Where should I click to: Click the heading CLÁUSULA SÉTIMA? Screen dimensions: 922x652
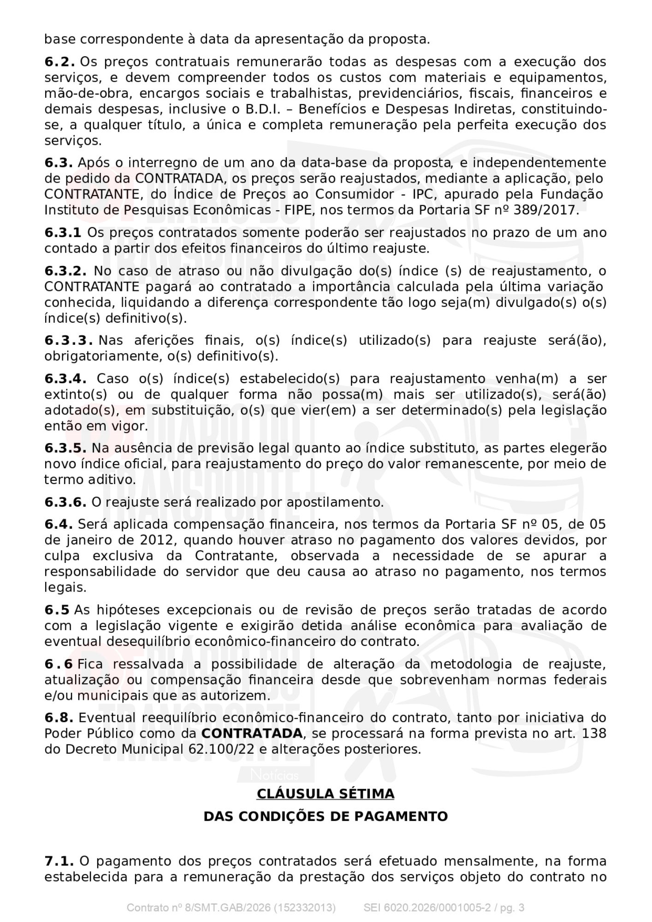click(x=326, y=794)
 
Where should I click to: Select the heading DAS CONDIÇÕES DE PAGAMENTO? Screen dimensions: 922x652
click(x=326, y=816)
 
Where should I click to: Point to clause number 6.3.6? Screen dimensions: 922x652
click(x=65, y=502)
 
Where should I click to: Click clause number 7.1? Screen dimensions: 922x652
click(x=59, y=861)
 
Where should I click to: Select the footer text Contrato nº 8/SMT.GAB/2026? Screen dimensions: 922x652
click(x=198, y=908)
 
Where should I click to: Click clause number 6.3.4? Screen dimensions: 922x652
click(x=65, y=379)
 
